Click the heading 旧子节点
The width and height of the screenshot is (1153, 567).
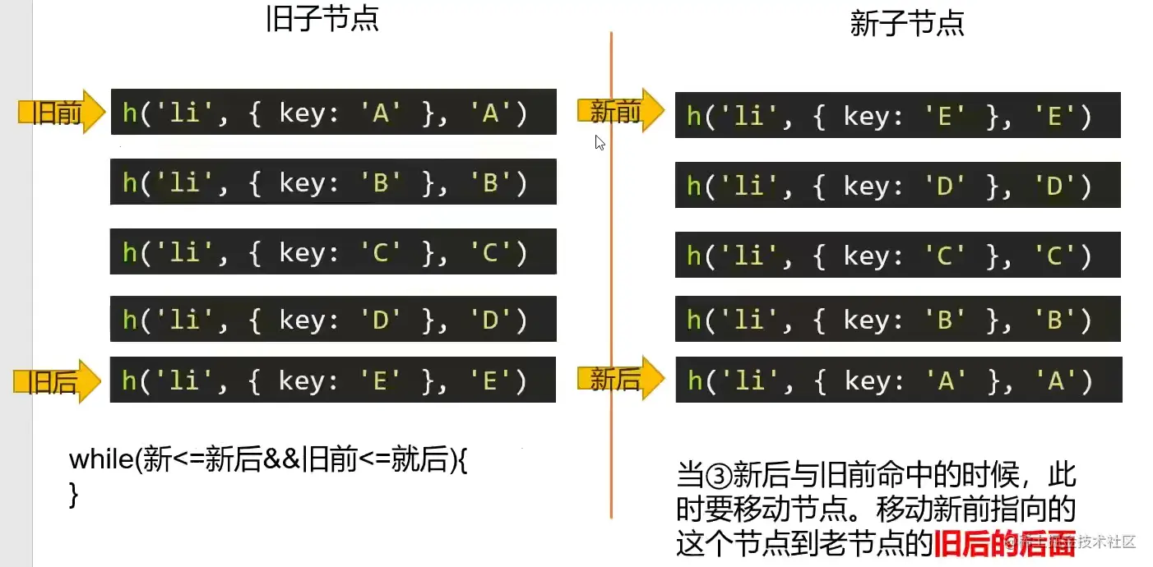[x=322, y=18]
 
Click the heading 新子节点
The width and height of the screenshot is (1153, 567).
[x=906, y=24]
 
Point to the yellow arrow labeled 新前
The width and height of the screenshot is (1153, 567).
[x=619, y=111]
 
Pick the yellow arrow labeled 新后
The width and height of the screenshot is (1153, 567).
[x=618, y=379]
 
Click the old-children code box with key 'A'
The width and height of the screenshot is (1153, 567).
[x=333, y=112]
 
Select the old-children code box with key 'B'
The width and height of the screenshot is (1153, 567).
[x=333, y=182]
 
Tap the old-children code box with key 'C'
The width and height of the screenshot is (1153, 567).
[x=333, y=251]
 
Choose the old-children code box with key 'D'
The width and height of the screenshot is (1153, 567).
[x=333, y=319]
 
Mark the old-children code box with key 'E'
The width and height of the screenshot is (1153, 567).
[x=333, y=380]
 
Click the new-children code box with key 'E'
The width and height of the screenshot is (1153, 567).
[x=897, y=115]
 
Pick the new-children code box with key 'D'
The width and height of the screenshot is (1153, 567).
[x=897, y=185]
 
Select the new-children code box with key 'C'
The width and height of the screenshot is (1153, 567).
[x=897, y=255]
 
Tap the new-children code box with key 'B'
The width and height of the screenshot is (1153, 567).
[x=897, y=319]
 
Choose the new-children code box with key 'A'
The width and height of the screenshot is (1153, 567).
[x=897, y=380]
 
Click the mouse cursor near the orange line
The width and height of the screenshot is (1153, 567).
[x=600, y=142]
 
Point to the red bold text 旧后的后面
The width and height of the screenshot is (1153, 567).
[x=1003, y=542]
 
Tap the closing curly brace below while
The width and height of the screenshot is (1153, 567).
[x=74, y=494]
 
